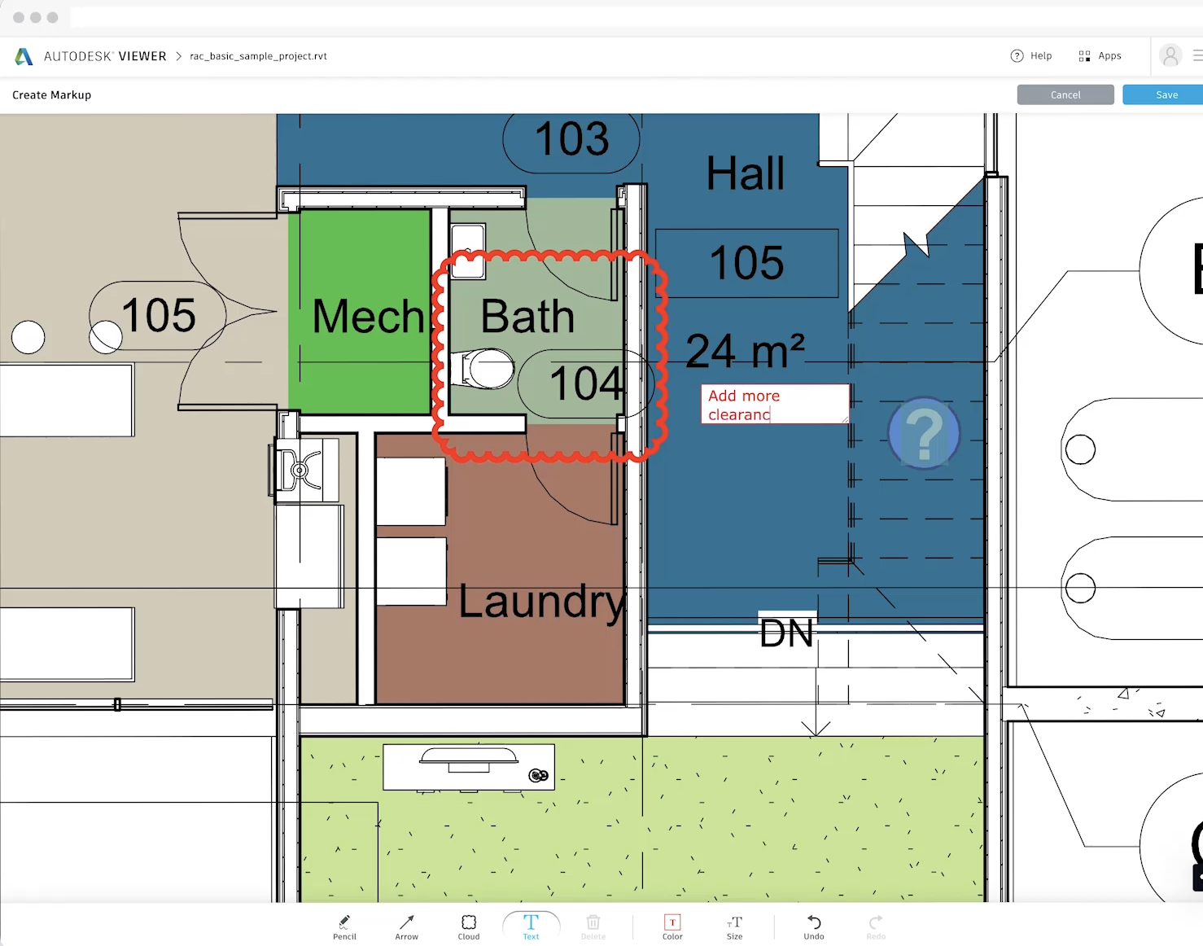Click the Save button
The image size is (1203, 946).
(x=1166, y=95)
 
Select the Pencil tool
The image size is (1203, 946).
(x=344, y=926)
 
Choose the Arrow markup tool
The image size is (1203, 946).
(x=406, y=926)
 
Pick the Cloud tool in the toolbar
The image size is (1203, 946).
(x=469, y=926)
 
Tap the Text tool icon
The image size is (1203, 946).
(x=531, y=926)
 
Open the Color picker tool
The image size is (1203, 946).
(x=672, y=926)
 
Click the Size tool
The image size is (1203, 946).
(x=734, y=926)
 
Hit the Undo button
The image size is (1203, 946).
(x=814, y=926)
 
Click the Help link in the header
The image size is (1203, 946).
(x=1031, y=56)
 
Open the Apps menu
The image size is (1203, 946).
(x=1100, y=56)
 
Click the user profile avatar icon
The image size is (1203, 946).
(x=1170, y=56)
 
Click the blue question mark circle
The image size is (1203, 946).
(x=924, y=433)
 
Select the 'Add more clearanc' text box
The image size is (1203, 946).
(x=774, y=405)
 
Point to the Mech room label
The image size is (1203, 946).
(x=369, y=317)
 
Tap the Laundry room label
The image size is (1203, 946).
(x=541, y=602)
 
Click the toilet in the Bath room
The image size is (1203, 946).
(x=486, y=369)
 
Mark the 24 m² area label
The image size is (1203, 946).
(x=745, y=352)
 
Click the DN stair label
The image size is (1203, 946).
(x=786, y=633)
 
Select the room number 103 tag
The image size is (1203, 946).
(x=571, y=139)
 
